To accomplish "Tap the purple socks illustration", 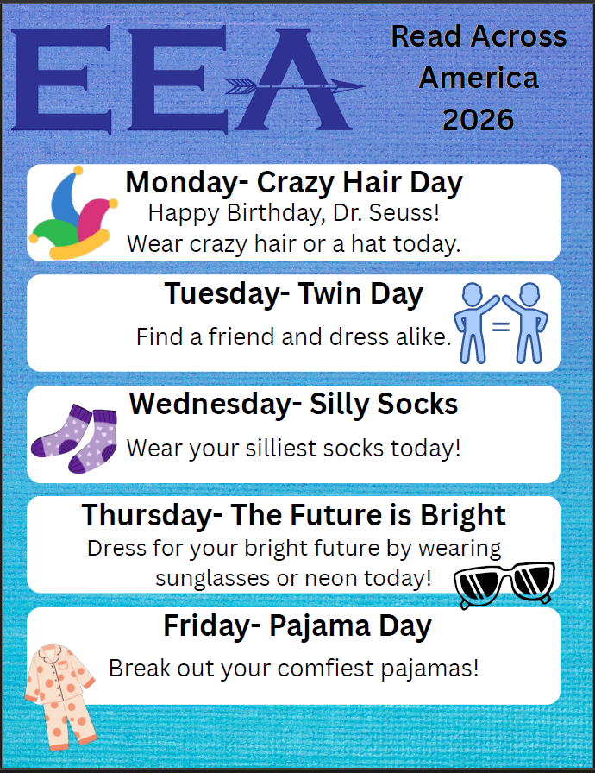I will pos(75,439).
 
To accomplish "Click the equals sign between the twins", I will pos(502,327).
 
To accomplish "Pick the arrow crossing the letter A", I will pos(294,85).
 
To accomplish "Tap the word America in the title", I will pos(478,78).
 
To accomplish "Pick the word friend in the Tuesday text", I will pos(248,336).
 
